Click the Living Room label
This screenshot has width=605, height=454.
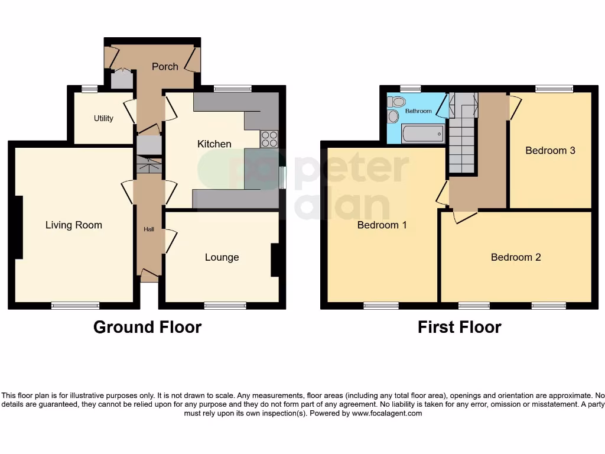tap(74, 225)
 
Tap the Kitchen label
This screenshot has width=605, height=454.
tap(214, 144)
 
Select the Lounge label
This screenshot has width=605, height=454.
tap(222, 257)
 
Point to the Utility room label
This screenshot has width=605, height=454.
tap(103, 118)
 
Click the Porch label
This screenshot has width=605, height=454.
tap(165, 67)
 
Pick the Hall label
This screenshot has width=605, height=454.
tap(149, 229)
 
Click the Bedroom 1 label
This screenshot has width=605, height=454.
tap(382, 225)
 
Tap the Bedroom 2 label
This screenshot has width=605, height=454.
tap(516, 257)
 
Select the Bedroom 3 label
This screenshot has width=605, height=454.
tap(550, 151)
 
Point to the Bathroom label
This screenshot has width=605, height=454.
tap(418, 111)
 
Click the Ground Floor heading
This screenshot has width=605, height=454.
tap(147, 327)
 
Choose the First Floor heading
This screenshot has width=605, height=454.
tap(459, 327)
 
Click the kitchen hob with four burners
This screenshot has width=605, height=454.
tap(269, 138)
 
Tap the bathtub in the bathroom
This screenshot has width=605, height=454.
tap(422, 134)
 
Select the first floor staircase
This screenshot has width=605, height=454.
tap(462, 142)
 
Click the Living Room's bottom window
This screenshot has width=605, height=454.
tap(75, 306)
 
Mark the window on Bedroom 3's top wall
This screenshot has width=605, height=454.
tap(554, 89)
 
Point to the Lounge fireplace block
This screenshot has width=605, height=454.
tap(275, 260)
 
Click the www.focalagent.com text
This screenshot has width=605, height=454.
tap(387, 414)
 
